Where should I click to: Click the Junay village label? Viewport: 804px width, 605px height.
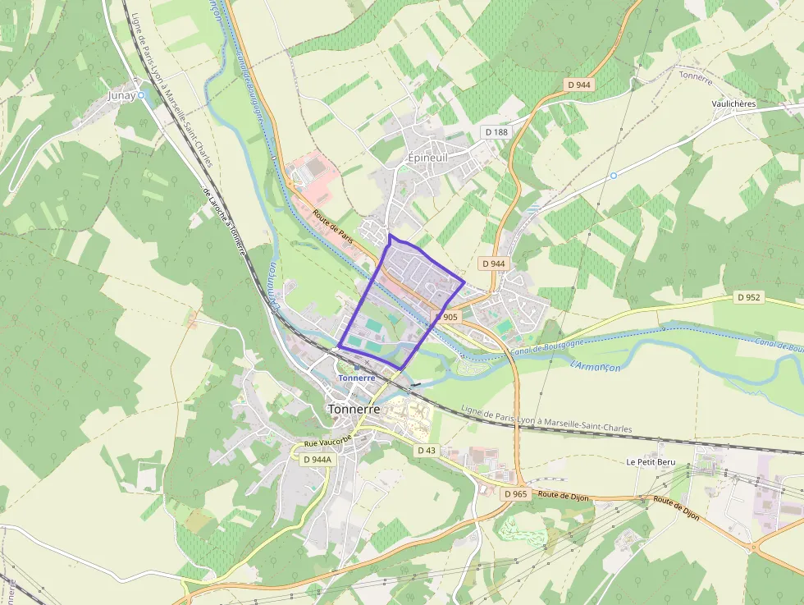coord(121,95)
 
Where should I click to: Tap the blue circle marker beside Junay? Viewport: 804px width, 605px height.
coord(141,95)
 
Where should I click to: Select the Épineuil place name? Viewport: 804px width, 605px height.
coord(428,157)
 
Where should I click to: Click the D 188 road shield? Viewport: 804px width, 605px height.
coord(496,131)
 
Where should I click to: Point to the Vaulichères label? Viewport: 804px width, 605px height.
coord(733,104)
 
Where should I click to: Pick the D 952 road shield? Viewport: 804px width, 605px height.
coord(748,297)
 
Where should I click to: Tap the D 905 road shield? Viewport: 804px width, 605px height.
coord(447,317)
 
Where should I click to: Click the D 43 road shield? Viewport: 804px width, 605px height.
coord(426,450)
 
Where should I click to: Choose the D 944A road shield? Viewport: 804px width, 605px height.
coord(317,459)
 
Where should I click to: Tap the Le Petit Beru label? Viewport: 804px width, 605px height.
coord(651,462)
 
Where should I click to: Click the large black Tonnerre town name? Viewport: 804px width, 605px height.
coord(354,409)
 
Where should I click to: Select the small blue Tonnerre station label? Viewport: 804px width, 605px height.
coord(357,378)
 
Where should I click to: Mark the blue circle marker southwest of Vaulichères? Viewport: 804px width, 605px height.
coord(613,176)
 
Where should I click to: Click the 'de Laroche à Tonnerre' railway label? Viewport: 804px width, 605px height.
coord(224,222)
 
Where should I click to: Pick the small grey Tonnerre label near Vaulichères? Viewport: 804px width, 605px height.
coord(696,75)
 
